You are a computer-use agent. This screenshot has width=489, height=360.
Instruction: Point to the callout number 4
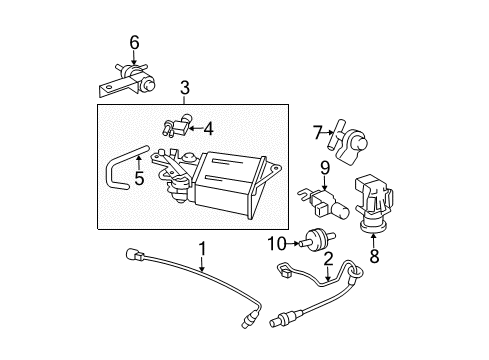pyautogui.click(x=209, y=128)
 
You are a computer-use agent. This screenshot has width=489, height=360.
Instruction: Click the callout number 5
pyautogui.click(x=138, y=181)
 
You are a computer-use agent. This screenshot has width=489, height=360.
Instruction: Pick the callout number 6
pyautogui.click(x=133, y=42)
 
